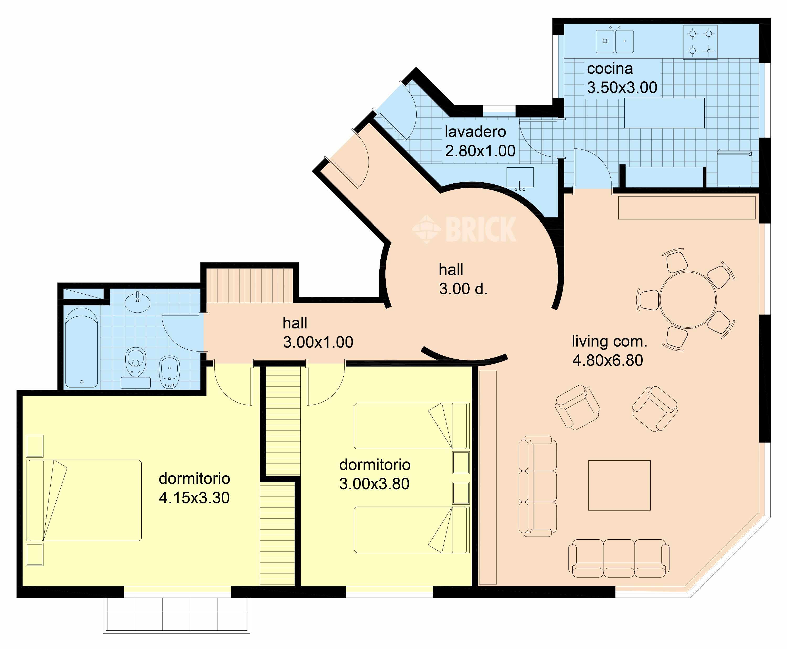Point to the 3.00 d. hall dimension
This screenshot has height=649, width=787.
(463, 289)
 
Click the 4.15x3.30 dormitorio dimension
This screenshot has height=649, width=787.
(194, 498)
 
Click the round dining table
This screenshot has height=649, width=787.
(688, 300)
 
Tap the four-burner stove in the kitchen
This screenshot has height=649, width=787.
(700, 42)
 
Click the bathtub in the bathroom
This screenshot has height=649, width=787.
(82, 347)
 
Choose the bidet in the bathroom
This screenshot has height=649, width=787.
(170, 372)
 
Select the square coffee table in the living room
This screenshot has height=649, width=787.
(620, 485)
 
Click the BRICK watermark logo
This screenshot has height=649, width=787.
(464, 230)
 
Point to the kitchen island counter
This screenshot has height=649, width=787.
(664, 113)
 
